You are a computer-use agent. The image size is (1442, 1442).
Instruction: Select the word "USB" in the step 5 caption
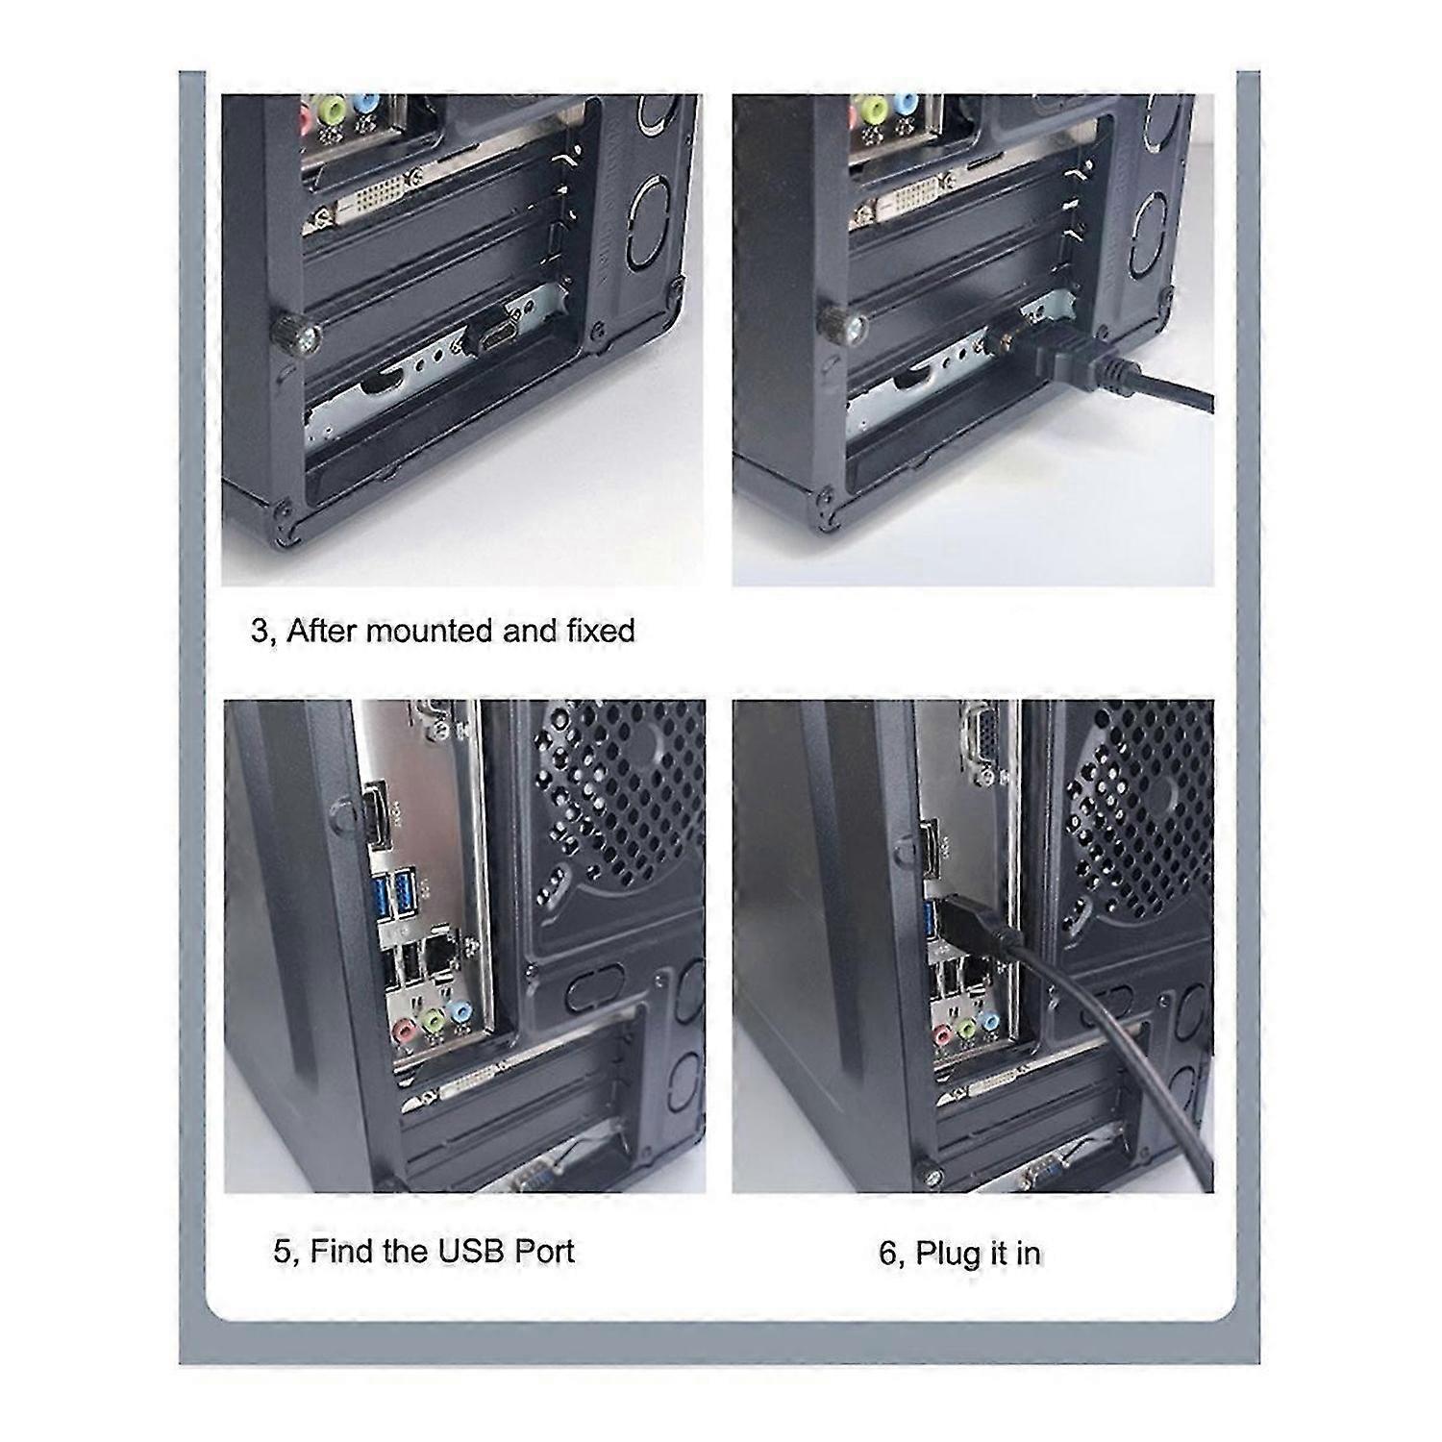tap(473, 1251)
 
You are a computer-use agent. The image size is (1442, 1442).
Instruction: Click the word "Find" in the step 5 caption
tap(345, 1251)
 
